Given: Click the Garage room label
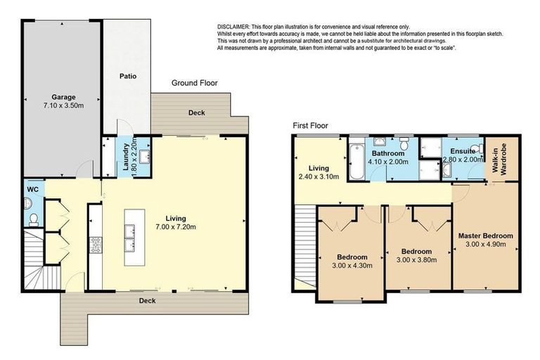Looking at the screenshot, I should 63,97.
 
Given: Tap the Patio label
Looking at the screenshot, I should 127,76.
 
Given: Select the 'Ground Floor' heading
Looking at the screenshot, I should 195,83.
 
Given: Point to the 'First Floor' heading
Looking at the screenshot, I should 309,125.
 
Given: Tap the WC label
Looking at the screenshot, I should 32,189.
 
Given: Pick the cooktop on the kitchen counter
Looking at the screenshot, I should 95,244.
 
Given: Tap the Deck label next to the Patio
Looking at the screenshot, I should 196,112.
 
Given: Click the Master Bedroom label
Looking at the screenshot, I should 485,236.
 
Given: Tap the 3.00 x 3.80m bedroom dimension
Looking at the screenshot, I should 416,260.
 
